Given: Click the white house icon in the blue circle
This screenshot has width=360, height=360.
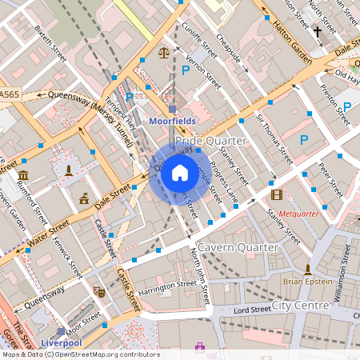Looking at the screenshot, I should point(180,172).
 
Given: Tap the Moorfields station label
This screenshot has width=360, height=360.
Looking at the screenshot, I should point(173,122).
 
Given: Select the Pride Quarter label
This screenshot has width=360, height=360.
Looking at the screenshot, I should point(210,140).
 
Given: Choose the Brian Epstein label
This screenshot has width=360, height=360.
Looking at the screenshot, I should point(307,282).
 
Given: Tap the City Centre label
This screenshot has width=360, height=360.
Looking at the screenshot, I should point(300,306).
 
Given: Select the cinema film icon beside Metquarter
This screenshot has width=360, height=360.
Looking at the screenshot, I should point(277,194).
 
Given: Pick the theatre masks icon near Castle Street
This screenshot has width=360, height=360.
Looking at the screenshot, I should point(99,291).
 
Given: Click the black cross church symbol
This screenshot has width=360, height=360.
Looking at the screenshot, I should point(317,32).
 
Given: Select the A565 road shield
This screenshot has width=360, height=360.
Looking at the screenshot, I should point(10,95).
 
